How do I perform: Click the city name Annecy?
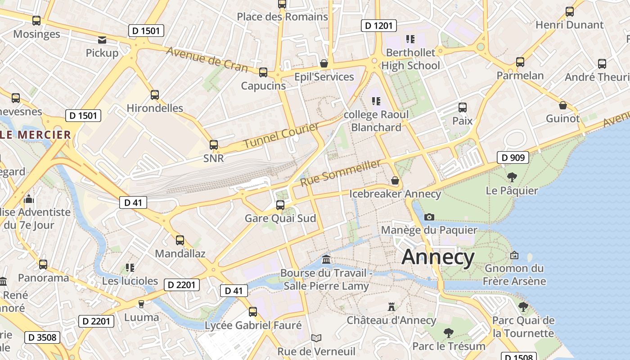(438, 257)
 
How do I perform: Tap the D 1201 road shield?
(378, 26)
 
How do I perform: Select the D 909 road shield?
(513, 157)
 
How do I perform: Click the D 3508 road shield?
(42, 337)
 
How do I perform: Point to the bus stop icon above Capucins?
(263, 72)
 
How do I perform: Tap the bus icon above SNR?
(214, 145)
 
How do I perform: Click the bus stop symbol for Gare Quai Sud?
(280, 205)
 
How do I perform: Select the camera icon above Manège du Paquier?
(429, 217)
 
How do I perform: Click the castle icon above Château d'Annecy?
(391, 307)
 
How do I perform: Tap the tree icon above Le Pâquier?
(512, 177)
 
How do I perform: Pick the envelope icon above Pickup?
(102, 40)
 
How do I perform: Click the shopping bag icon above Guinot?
(562, 106)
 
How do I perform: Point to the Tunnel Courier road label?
(281, 135)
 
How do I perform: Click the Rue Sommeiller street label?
(340, 173)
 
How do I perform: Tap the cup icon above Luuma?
(141, 304)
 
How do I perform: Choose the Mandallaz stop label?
(180, 253)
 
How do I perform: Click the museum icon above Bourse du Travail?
(326, 260)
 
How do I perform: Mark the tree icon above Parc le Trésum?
(448, 333)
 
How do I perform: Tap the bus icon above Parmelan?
(520, 62)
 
